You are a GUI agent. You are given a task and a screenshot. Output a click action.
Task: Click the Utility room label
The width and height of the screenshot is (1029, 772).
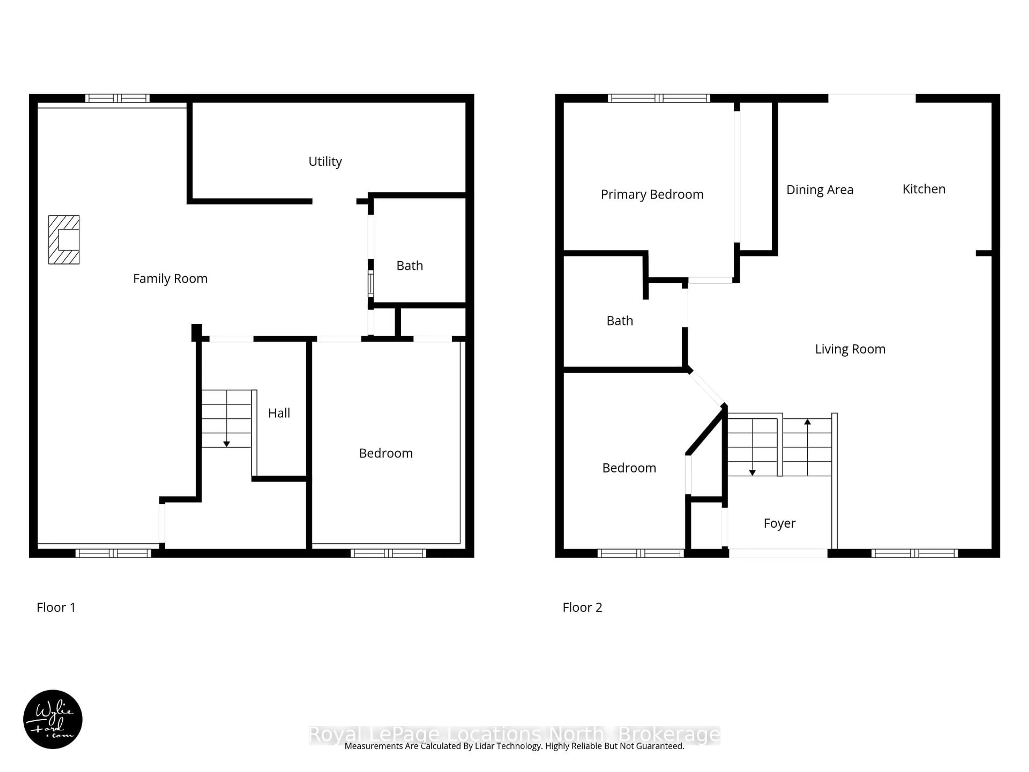point(325,161)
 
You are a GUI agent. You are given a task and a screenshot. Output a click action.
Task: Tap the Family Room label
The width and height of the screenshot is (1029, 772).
point(170,279)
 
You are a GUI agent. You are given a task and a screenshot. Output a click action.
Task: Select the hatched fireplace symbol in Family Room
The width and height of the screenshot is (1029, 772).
point(64,240)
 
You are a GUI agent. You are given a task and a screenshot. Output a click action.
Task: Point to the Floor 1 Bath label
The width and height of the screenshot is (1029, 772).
point(409,266)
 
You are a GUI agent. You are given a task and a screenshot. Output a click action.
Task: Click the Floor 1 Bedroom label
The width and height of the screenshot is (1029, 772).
point(386,453)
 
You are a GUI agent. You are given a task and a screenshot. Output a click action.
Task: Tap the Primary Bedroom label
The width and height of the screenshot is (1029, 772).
point(652,195)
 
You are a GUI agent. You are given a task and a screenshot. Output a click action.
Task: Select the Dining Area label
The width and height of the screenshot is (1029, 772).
point(820,190)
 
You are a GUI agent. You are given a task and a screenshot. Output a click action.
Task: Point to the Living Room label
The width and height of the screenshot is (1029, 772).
point(850,349)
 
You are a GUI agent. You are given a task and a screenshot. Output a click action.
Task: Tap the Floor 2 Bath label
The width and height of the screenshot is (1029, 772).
point(620,321)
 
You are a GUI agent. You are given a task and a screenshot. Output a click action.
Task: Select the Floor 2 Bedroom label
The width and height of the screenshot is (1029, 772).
point(629,468)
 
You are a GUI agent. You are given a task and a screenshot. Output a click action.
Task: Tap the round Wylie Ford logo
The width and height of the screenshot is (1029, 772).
point(53,719)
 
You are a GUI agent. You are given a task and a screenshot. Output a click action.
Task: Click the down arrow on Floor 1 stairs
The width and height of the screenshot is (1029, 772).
point(226,444)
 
